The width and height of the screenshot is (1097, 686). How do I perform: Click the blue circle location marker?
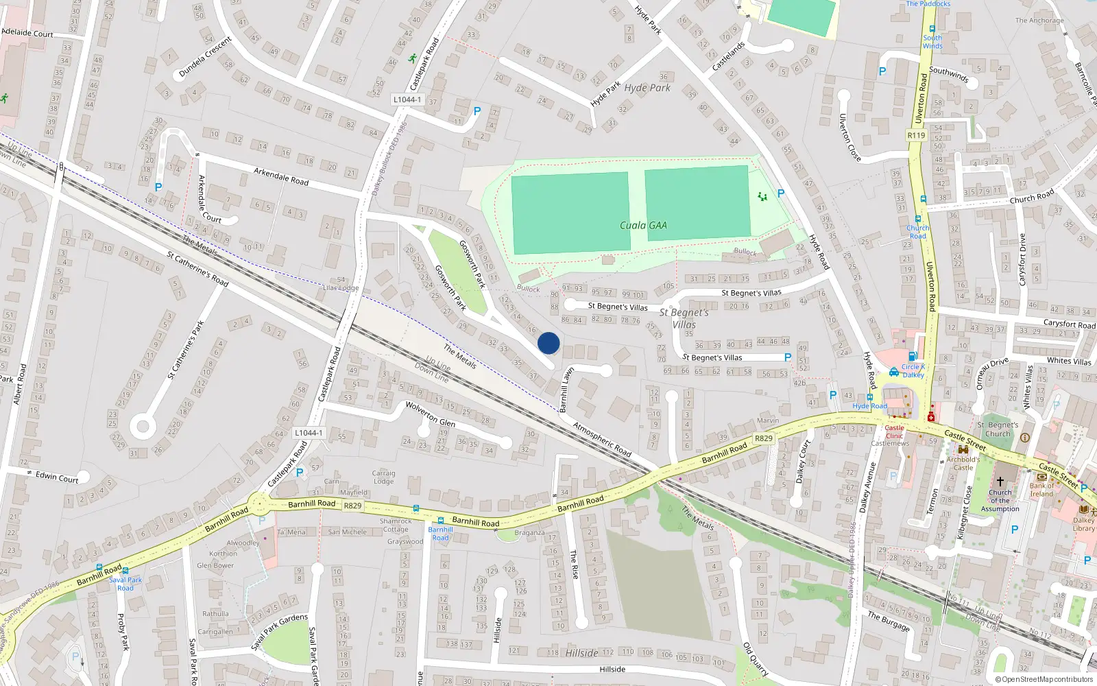click(x=548, y=343)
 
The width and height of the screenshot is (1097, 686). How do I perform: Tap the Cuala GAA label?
click(x=643, y=225)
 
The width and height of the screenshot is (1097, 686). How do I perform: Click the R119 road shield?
click(x=916, y=135)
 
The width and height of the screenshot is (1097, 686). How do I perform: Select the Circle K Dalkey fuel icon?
click(x=913, y=356)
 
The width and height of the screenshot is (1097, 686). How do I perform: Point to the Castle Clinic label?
click(x=894, y=431)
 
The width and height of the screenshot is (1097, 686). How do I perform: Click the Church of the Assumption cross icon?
click(x=1000, y=482)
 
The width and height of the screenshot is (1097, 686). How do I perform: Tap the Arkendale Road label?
click(x=281, y=176)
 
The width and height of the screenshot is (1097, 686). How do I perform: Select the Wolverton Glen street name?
click(x=430, y=413)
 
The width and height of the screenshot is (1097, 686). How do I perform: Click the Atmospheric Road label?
click(x=602, y=439)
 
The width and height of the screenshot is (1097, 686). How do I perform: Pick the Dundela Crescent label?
click(x=205, y=57)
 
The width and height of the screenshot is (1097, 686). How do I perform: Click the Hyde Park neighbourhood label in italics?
click(x=647, y=88)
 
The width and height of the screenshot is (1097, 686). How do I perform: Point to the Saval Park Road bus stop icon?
click(x=100, y=569)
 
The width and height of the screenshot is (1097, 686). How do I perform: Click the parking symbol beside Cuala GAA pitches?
click(x=780, y=193)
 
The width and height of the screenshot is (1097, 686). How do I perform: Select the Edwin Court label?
click(x=57, y=477)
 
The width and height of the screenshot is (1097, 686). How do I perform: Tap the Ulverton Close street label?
click(x=850, y=137)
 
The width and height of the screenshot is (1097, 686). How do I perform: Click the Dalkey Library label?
click(x=1083, y=524)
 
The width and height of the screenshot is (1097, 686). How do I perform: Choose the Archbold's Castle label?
click(x=963, y=463)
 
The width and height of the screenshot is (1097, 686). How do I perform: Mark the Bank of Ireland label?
click(x=1041, y=490)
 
